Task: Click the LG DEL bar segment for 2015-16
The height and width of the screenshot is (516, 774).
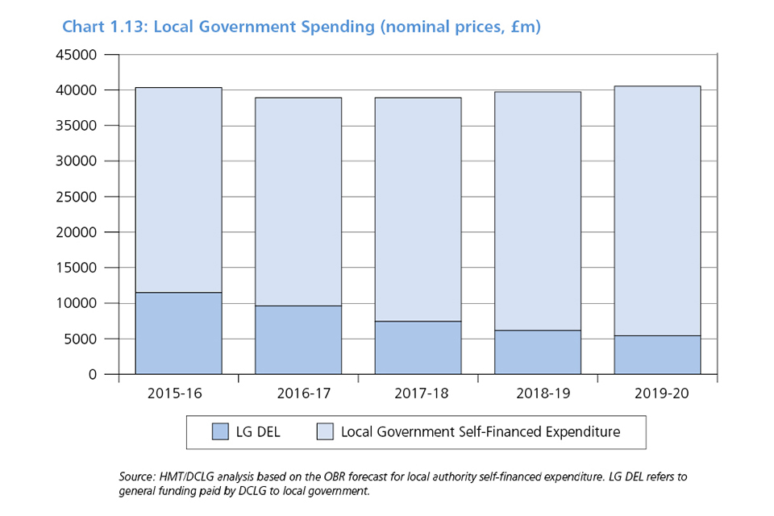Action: coord(179,333)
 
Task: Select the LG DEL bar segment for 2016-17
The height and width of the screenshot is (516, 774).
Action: coord(298,339)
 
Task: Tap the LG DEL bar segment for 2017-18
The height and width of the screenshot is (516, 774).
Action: coord(418,347)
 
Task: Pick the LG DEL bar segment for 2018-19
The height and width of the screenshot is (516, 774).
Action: coord(538,352)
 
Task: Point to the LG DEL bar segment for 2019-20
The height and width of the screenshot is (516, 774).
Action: coord(657,355)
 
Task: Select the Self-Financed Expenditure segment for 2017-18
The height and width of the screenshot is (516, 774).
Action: coord(418,210)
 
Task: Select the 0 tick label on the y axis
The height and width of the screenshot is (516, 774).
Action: coord(92,374)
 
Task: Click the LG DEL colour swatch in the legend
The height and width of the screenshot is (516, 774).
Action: coord(221,432)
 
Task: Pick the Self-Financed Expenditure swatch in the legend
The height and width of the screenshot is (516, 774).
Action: coord(325,432)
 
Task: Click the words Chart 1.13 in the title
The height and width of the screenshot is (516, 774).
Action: coord(103,27)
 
